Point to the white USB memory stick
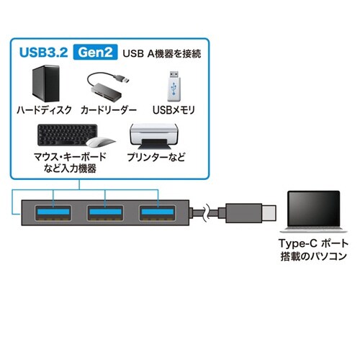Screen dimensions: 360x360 pos(175,86)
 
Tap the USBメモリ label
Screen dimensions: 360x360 pos(175,112)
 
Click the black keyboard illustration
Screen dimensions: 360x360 pos(63,136)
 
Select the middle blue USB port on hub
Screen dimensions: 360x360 pos(106,214)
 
